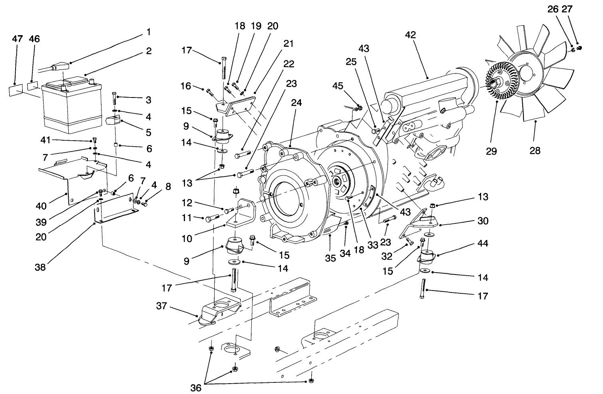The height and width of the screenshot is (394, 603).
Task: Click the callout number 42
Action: coord(410,35)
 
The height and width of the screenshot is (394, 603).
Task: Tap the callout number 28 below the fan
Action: coord(535,151)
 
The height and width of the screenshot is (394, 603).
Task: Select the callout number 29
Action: coord(491,151)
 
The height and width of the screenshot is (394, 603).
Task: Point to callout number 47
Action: coord(17,39)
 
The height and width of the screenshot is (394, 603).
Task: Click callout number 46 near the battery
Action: coord(34,39)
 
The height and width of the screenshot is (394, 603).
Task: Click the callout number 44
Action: coord(483,243)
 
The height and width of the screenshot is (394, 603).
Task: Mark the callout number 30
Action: coord(483,221)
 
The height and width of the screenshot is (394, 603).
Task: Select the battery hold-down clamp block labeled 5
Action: coord(113,120)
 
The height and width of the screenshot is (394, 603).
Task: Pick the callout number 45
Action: coord(338,86)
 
